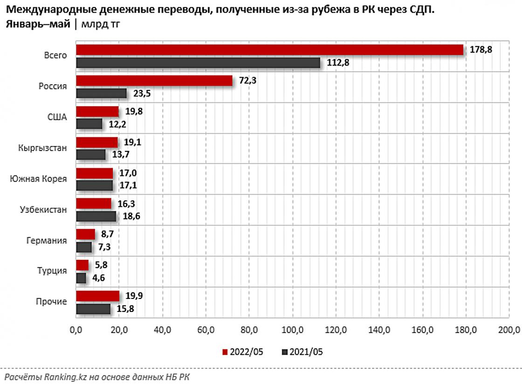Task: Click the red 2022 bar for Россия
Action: click(x=154, y=81)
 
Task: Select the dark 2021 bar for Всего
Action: click(x=198, y=62)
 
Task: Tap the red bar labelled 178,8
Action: click(x=269, y=50)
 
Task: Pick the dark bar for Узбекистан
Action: click(x=96, y=216)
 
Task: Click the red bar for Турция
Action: click(x=82, y=265)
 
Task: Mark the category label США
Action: click(x=57, y=117)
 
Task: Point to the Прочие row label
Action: click(x=51, y=302)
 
